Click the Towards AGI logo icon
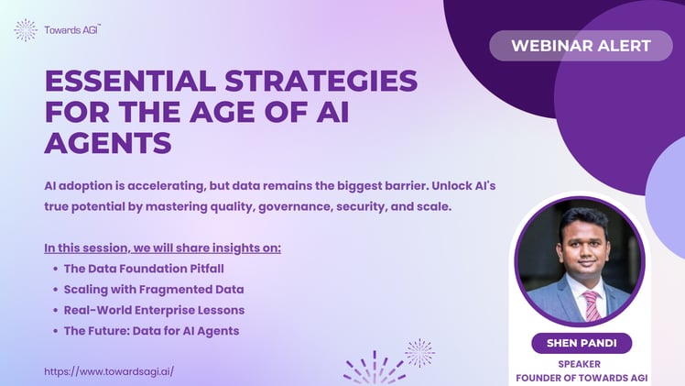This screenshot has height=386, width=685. [x=26, y=30]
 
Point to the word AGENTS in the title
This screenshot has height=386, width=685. [x=108, y=143]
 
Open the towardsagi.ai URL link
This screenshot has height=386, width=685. [x=109, y=371]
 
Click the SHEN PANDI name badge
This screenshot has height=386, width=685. [x=581, y=343]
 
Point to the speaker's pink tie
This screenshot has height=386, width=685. [x=592, y=303]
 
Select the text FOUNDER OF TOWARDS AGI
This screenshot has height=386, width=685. [x=581, y=377]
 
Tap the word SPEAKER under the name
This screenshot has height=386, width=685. [x=581, y=363]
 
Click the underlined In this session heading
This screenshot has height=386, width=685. [x=162, y=248]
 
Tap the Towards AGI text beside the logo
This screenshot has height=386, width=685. [x=72, y=30]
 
